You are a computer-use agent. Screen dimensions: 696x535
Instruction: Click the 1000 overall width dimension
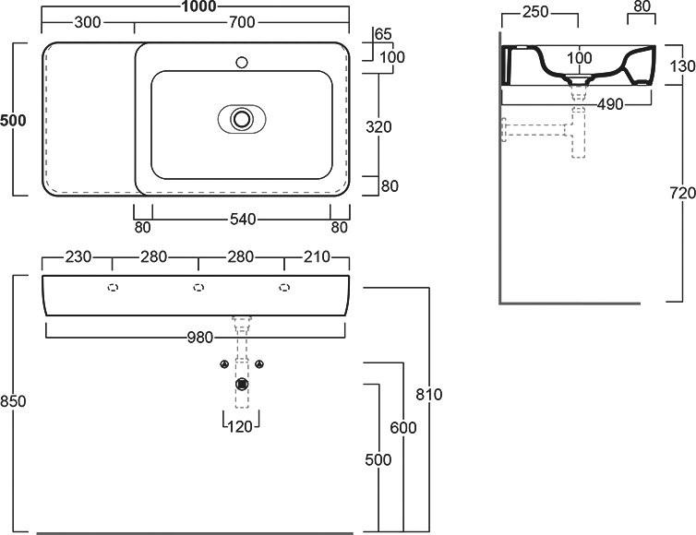click(x=198, y=6)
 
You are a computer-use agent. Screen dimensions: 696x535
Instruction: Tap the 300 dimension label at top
click(x=88, y=22)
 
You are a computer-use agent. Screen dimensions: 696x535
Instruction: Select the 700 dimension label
click(x=242, y=22)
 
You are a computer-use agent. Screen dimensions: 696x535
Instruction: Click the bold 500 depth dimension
click(x=13, y=120)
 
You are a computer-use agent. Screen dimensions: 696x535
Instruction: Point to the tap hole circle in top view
click(x=242, y=62)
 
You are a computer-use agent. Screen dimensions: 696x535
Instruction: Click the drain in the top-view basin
click(x=242, y=118)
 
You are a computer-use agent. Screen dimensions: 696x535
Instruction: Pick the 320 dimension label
click(x=378, y=127)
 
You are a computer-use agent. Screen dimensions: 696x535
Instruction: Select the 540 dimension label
click(x=243, y=220)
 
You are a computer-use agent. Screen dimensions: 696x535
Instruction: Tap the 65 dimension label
click(x=383, y=34)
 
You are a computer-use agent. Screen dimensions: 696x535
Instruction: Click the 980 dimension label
click(x=200, y=338)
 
